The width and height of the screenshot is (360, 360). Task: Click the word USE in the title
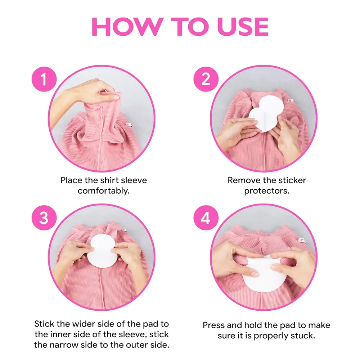243,27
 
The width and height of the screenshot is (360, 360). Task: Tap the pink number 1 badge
44,79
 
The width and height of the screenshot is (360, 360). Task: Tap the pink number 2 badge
206,79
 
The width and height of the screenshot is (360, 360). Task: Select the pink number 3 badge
44,218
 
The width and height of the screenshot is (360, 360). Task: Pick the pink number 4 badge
206,218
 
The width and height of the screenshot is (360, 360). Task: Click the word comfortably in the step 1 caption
104,191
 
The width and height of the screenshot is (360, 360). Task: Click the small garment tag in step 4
301,240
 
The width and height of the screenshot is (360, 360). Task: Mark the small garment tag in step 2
291,100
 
